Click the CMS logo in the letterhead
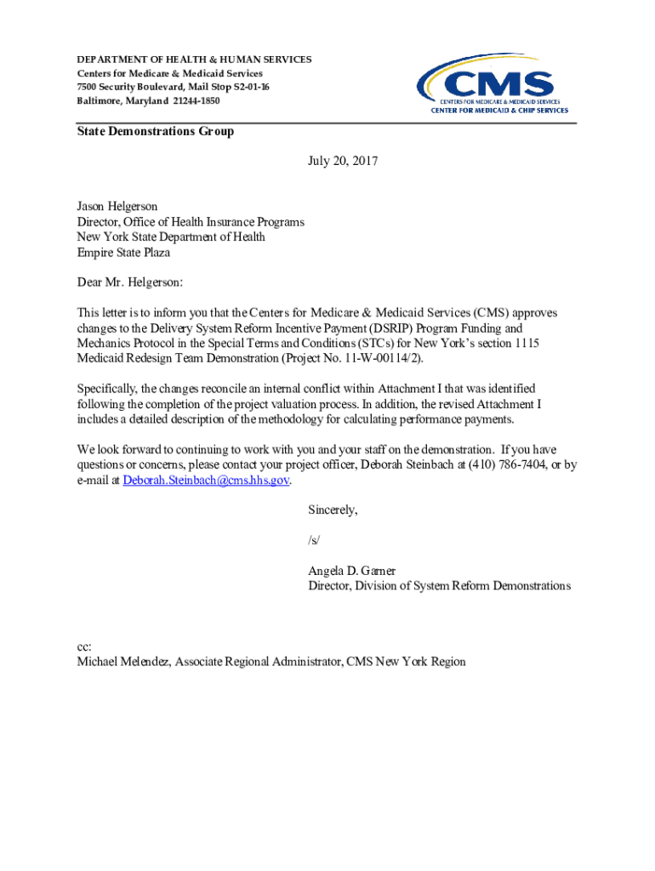492,83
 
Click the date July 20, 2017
343,160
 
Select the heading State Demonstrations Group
155,132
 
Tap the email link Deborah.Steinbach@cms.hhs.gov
207,480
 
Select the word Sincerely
332,510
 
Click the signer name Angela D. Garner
351,570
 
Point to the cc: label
84,646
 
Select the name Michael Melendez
122,662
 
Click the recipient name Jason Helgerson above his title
117,207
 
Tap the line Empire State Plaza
123,253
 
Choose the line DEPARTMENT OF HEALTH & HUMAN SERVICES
194,60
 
